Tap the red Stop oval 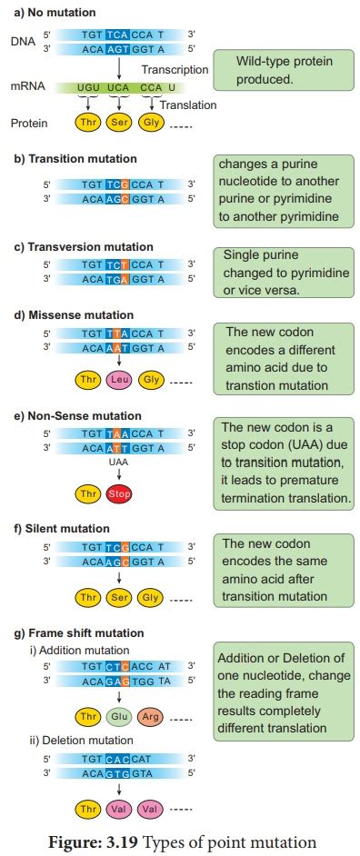pyautogui.click(x=119, y=493)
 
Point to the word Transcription pyautogui.click(x=173, y=71)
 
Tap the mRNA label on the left pyautogui.click(x=28, y=88)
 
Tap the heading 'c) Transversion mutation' pyautogui.click(x=83, y=246)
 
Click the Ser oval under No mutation pyautogui.click(x=120, y=122)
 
